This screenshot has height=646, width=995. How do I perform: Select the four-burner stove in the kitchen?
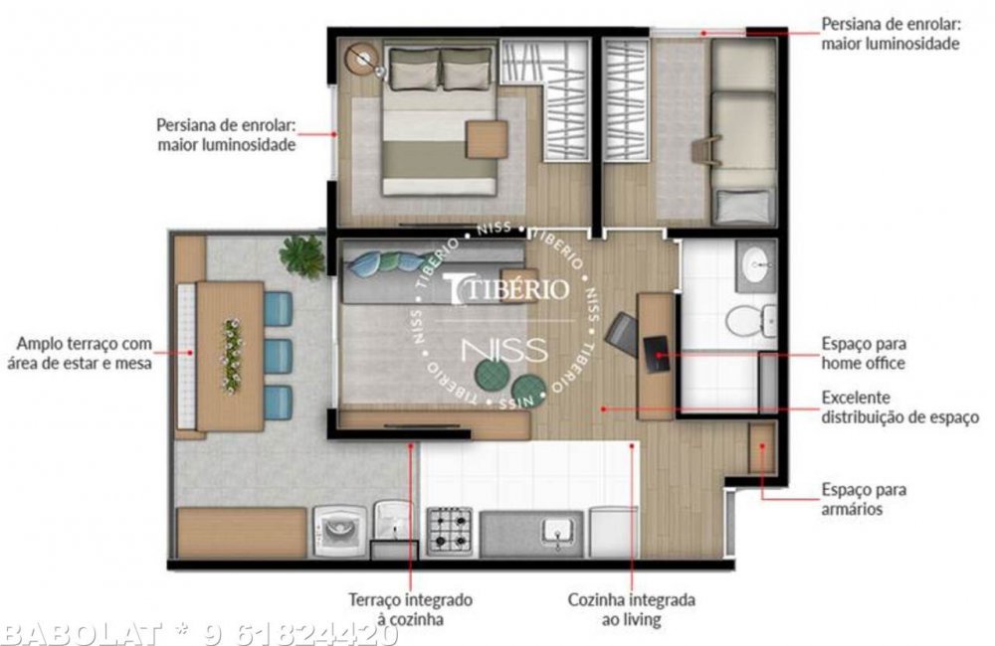pyautogui.click(x=450, y=530)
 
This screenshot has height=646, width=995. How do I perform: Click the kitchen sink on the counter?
pyautogui.click(x=558, y=532)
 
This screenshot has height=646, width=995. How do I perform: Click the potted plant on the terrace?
pyautogui.click(x=302, y=255)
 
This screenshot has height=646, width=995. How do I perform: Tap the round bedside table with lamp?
pyautogui.click(x=362, y=60)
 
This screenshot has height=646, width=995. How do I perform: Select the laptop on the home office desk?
pyautogui.click(x=656, y=355)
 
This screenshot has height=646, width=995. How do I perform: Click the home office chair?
pyautogui.click(x=622, y=333)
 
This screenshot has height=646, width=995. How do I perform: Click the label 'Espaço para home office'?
pyautogui.click(x=864, y=353)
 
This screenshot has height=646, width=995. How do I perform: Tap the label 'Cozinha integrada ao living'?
pyautogui.click(x=632, y=609)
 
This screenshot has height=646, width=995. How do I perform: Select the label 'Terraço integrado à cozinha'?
pyautogui.click(x=410, y=608)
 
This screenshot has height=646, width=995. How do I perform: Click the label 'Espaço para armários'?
pyautogui.click(x=864, y=499)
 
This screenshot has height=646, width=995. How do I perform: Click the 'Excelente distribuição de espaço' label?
pyautogui.click(x=899, y=407)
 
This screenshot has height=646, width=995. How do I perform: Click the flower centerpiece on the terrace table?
pyautogui.click(x=232, y=356)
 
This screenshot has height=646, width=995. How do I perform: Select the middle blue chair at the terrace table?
pyautogui.click(x=278, y=356)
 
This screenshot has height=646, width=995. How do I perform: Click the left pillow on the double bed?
pyautogui.click(x=414, y=69)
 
